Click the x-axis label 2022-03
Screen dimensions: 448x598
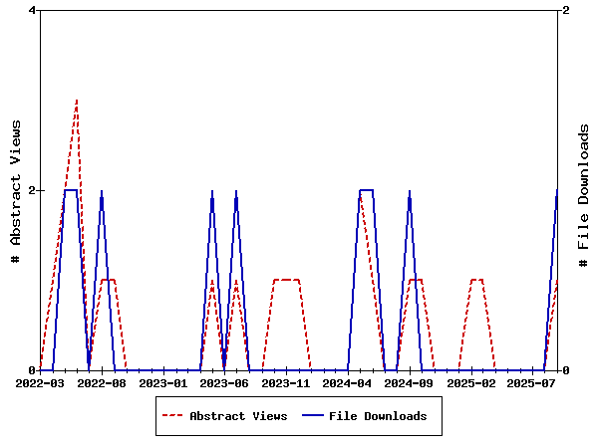tap(41, 382)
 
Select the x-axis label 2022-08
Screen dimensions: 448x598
tap(102, 382)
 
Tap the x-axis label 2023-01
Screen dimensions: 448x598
tap(163, 382)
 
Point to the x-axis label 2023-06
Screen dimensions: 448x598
tap(225, 382)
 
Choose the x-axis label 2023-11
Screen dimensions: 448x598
tap(287, 382)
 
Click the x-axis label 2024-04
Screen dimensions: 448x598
tap(349, 382)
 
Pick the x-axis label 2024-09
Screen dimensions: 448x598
tap(410, 382)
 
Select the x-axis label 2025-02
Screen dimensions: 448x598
tap(471, 382)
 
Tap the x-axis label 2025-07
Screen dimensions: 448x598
tap(533, 382)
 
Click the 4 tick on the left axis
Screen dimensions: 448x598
tap(32, 10)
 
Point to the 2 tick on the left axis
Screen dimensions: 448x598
tap(32, 190)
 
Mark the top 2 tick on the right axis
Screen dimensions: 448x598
tap(566, 10)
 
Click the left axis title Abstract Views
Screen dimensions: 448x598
tap(16, 190)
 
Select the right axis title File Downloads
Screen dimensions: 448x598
tap(584, 195)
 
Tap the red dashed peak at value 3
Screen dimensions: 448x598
tap(77, 101)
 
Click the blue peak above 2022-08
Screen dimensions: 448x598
tap(102, 191)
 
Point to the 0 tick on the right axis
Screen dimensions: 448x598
tap(566, 370)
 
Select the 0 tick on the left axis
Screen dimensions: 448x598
tap(32, 370)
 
